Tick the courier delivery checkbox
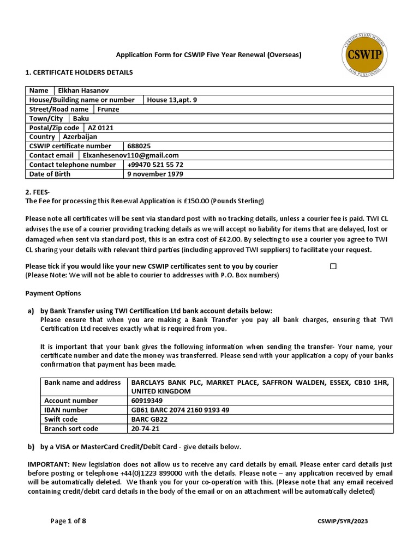point(333,266)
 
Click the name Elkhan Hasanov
point(84,90)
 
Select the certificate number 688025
point(139,146)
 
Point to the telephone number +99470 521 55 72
point(155,165)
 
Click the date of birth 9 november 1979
point(155,174)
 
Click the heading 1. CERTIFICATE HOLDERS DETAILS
point(79,72)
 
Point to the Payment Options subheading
point(53,293)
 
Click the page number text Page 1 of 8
point(68,521)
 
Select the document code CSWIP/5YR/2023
point(343,521)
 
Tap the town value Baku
point(81,118)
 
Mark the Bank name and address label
point(82,383)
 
